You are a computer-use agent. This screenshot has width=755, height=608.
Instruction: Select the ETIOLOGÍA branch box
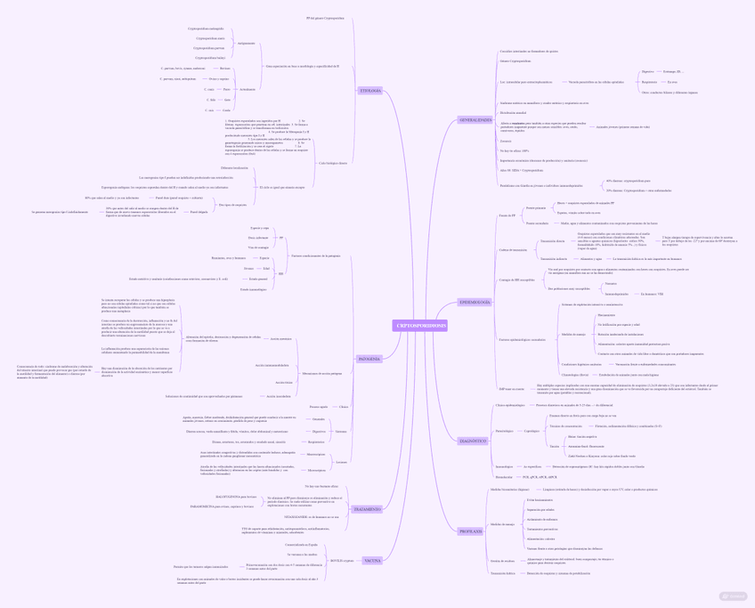tap(369, 91)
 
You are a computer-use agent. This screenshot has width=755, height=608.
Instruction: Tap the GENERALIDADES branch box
tap(475, 120)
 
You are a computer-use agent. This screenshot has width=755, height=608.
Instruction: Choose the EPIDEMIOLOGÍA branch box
tap(475, 302)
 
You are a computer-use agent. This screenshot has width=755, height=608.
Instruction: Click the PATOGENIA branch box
tap(369, 359)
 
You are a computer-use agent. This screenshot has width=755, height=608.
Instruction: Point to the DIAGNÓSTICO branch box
tap(473, 441)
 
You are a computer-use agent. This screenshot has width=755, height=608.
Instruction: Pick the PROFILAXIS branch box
tap(471, 531)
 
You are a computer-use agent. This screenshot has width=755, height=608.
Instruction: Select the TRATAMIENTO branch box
tap(367, 509)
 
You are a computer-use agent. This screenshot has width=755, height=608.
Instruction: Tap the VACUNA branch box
tap(372, 561)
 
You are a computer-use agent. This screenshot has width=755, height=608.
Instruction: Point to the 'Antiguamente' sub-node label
tap(247, 43)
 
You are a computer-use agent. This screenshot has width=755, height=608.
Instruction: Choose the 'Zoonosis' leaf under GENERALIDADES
tap(506, 141)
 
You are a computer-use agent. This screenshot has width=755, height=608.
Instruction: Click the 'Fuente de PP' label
tap(507, 215)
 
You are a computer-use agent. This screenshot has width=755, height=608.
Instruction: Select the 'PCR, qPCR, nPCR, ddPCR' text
tap(540, 476)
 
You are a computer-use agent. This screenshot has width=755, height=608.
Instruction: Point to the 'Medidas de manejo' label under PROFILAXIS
tap(503, 524)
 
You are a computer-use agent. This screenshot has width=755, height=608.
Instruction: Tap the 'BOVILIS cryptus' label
tap(343, 561)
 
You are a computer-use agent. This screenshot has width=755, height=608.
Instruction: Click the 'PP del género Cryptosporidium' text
tap(325, 18)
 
